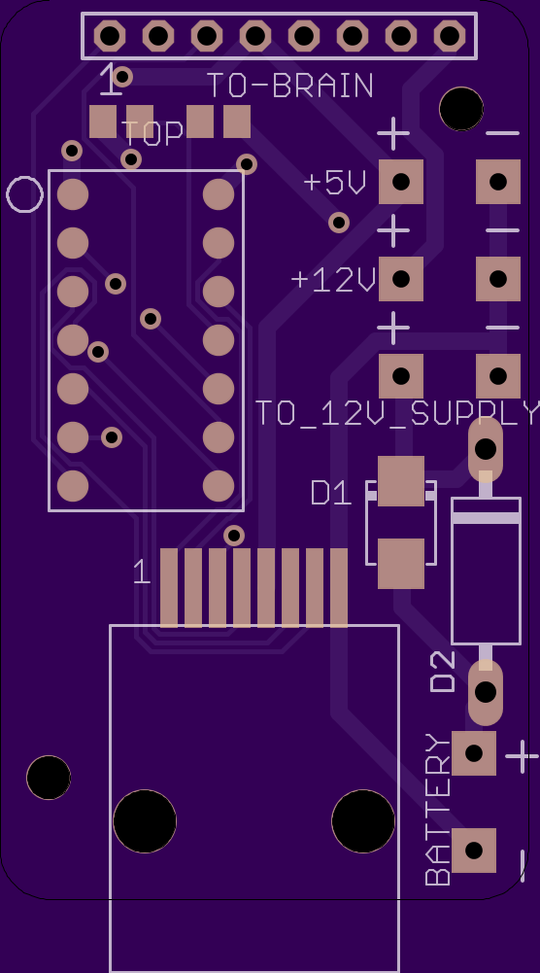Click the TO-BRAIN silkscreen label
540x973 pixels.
(x=289, y=86)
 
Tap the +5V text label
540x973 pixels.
(x=335, y=183)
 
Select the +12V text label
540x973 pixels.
(x=333, y=280)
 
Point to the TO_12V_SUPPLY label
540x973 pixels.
(x=397, y=413)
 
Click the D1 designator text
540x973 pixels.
(x=331, y=494)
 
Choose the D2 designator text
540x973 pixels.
(x=443, y=672)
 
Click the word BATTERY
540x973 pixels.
(x=438, y=809)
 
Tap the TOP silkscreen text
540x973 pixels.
(x=152, y=133)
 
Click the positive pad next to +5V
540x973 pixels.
(x=401, y=182)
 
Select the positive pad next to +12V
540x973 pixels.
(x=401, y=279)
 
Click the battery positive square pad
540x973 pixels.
(x=474, y=753)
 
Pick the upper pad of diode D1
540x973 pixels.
(x=401, y=481)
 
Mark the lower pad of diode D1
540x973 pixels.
(x=401, y=564)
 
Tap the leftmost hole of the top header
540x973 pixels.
(x=110, y=36)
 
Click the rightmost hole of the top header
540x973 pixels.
(x=450, y=36)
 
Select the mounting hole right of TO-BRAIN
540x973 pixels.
(x=461, y=109)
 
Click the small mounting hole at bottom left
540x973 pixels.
(x=49, y=778)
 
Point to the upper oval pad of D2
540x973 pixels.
(x=486, y=449)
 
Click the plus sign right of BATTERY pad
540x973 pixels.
(x=522, y=756)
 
